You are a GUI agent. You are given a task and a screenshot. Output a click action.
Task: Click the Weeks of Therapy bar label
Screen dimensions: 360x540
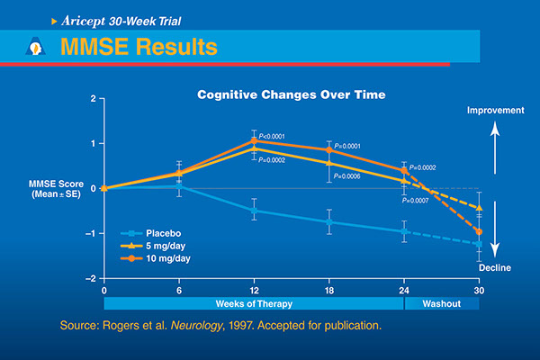click(x=254, y=303)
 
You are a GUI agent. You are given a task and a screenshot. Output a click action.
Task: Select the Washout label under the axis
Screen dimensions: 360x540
click(x=442, y=303)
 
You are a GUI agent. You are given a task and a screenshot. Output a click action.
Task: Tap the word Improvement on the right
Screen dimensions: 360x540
click(x=494, y=110)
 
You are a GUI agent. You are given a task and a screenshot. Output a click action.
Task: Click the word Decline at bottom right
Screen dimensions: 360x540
click(x=494, y=266)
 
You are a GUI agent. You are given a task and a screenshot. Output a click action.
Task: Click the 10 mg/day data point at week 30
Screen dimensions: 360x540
click(x=479, y=232)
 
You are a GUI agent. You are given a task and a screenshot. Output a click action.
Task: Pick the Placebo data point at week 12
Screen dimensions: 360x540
click(x=254, y=211)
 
